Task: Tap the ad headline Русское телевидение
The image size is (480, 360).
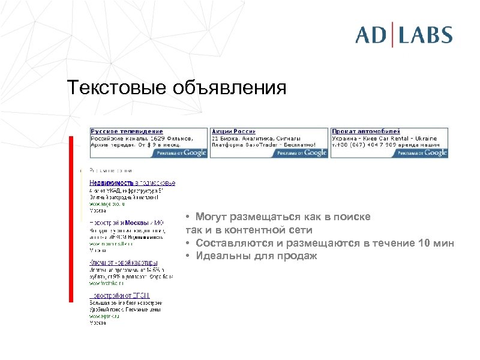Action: pyautogui.click(x=127, y=131)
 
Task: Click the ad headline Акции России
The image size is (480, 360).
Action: pyautogui.click(x=234, y=131)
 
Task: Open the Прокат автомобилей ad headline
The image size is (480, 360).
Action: pyautogui.click(x=366, y=131)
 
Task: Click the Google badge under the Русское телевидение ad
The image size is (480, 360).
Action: pyautogui.click(x=181, y=152)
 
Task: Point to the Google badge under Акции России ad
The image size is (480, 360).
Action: pyautogui.click(x=302, y=152)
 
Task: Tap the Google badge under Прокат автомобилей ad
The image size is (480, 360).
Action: pyautogui.click(x=422, y=152)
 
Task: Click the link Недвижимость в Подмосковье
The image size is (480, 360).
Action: pyautogui.click(x=133, y=182)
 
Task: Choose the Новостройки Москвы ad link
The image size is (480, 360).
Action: pyautogui.click(x=122, y=223)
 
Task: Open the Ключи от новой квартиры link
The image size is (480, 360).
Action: pyautogui.click(x=124, y=262)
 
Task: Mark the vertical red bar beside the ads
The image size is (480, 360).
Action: pyautogui.click(x=71, y=219)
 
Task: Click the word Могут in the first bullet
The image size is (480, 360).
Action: pyautogui.click(x=211, y=217)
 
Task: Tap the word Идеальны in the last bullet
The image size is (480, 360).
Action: pyautogui.click(x=217, y=256)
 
